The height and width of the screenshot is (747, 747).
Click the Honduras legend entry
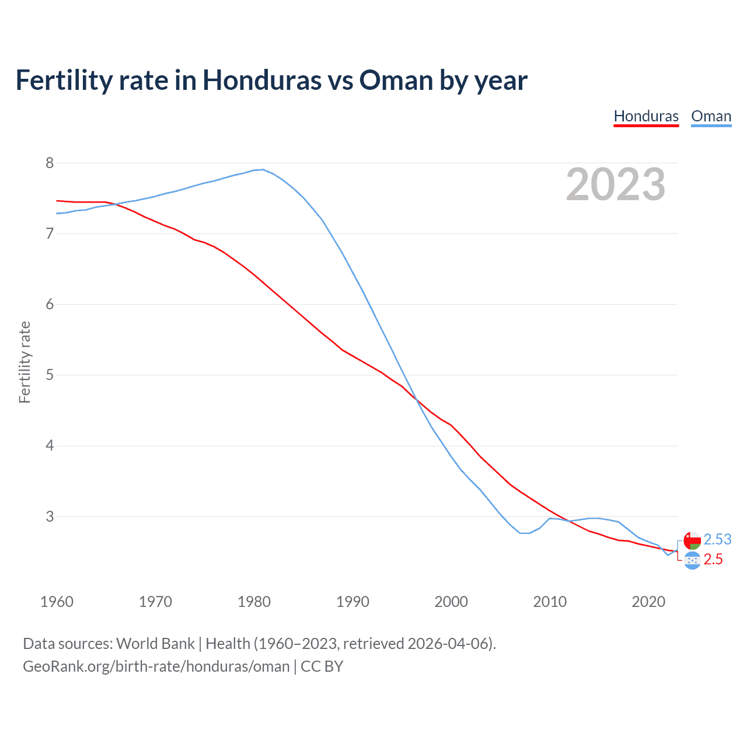(x=646, y=116)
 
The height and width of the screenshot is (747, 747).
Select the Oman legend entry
(x=711, y=116)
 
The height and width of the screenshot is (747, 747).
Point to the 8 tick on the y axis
(x=50, y=163)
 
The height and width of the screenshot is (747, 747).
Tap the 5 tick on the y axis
(x=50, y=375)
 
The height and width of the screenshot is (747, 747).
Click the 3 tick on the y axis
(x=50, y=516)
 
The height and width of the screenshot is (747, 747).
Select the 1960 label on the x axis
(x=57, y=602)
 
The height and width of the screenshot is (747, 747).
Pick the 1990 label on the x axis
(x=352, y=602)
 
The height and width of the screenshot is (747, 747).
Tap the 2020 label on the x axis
(x=648, y=602)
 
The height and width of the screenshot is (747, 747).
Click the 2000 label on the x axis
(x=451, y=602)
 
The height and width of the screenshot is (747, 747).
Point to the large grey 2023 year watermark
(x=616, y=184)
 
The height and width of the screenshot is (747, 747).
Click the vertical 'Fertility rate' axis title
(x=25, y=362)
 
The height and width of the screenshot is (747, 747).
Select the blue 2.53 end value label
(x=717, y=539)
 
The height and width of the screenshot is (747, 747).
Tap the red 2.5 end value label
(x=713, y=559)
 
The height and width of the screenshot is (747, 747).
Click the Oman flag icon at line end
(x=692, y=540)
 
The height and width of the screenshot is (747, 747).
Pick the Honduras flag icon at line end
(x=692, y=560)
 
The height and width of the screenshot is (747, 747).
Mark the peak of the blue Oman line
(x=263, y=169)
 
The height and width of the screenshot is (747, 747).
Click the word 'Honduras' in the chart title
(x=261, y=80)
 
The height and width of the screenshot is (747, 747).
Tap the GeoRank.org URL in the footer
(x=156, y=666)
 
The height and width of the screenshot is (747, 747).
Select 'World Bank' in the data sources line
(x=155, y=643)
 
